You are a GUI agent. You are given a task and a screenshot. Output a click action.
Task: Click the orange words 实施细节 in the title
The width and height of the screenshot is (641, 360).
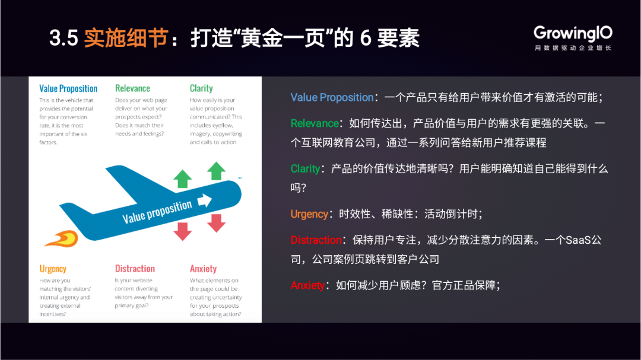[x=126, y=38]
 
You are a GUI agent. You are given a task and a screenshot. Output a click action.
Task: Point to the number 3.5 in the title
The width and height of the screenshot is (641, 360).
[x=64, y=39]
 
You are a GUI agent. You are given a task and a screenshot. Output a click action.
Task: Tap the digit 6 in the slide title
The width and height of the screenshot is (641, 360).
[x=366, y=39]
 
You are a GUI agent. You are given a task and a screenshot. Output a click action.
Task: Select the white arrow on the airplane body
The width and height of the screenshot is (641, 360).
[x=204, y=200]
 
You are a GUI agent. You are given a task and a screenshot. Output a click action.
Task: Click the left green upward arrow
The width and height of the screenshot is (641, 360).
[x=182, y=179]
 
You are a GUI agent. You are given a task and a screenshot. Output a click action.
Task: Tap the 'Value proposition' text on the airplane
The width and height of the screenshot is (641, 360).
[x=157, y=212]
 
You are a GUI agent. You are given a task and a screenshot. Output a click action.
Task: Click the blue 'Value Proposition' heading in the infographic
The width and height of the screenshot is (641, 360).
[x=68, y=89]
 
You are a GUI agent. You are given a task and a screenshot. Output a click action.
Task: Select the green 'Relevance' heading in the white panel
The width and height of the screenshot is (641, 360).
[x=132, y=88]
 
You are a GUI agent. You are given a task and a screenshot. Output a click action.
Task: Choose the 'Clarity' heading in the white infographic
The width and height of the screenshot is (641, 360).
[x=201, y=88]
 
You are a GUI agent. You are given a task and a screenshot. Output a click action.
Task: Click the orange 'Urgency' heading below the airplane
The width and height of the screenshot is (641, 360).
[x=53, y=269]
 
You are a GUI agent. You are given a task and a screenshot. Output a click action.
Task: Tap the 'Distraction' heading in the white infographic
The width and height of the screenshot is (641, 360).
[x=135, y=269]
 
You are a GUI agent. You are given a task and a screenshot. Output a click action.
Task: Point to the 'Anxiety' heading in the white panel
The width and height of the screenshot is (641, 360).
[x=203, y=269]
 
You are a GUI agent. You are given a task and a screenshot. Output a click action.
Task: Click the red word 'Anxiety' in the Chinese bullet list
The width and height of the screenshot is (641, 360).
[x=307, y=285]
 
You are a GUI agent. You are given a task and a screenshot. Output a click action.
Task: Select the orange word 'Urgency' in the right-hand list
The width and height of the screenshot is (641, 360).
[x=309, y=214]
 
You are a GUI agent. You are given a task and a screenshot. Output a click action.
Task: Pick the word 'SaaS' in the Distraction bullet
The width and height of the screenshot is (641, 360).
[x=578, y=240]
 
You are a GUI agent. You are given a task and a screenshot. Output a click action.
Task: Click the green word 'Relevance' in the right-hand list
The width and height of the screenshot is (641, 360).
[x=315, y=123]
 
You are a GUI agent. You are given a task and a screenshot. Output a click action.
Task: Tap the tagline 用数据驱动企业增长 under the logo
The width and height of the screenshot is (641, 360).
[x=573, y=48]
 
